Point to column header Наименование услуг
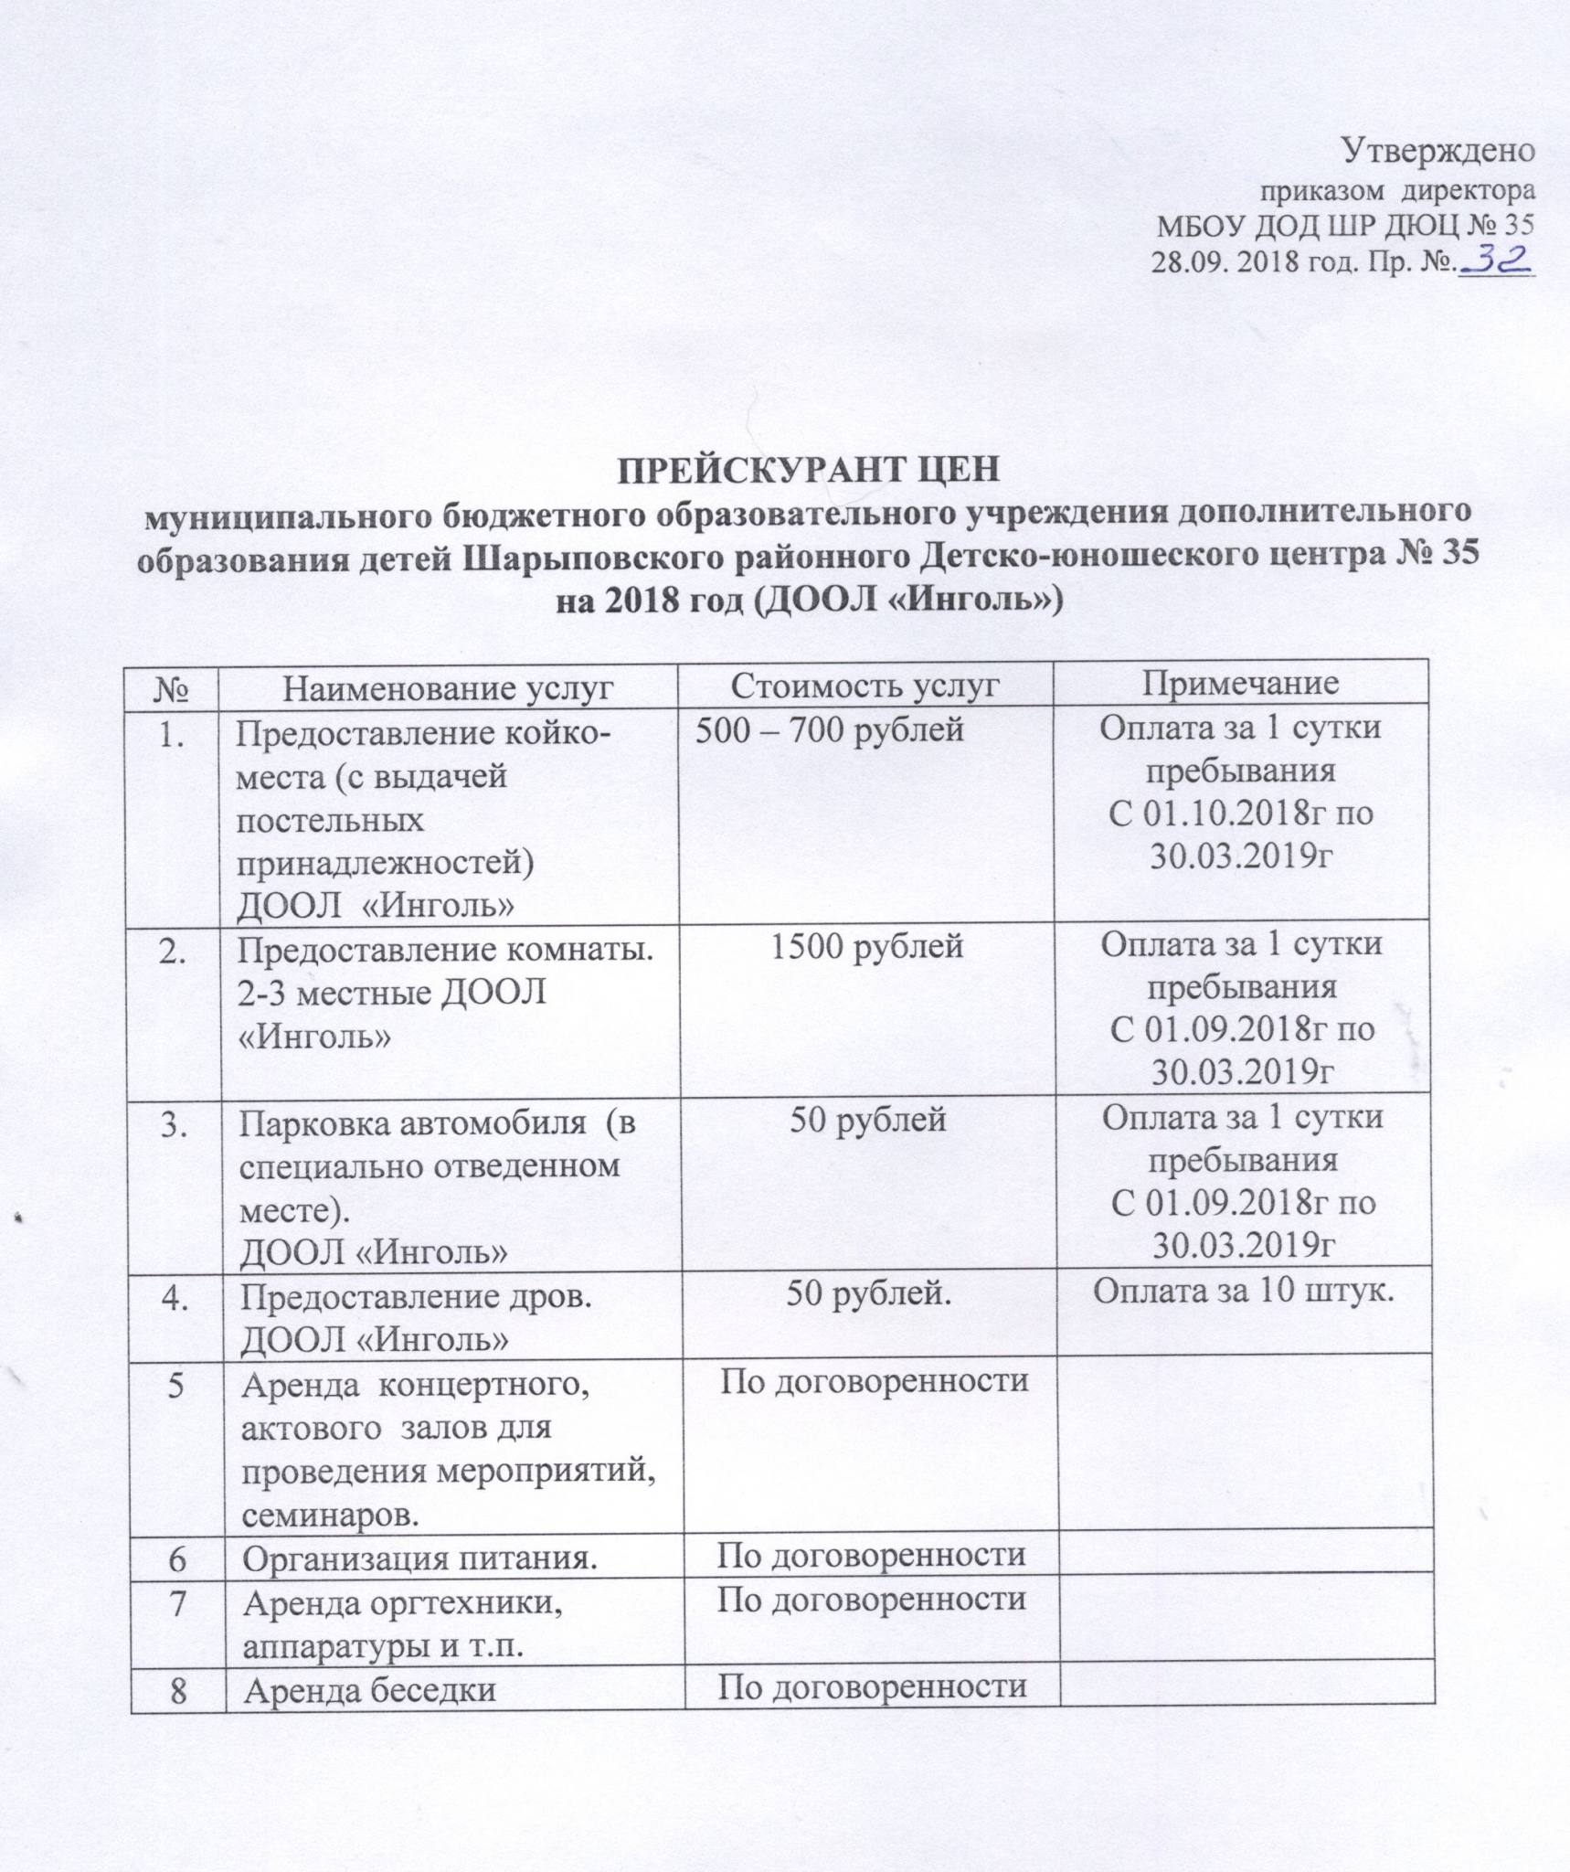(448, 686)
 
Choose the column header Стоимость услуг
(865, 685)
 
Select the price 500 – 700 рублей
(830, 729)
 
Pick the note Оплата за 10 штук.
(1244, 1292)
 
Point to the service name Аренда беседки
(369, 1690)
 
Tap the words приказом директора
(1397, 192)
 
